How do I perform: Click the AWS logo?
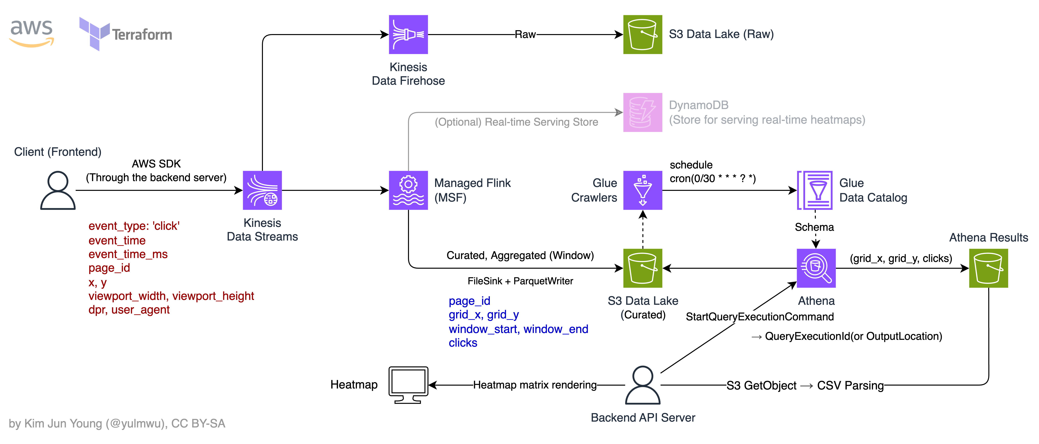[x=32, y=33]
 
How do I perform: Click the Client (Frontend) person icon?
[x=58, y=190]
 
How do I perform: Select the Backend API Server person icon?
[x=642, y=385]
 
